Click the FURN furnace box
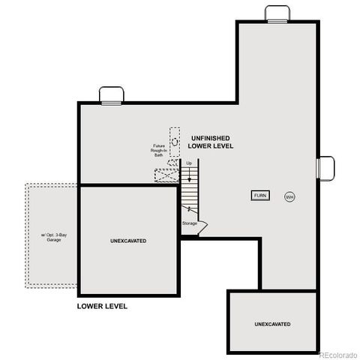coord(260,196)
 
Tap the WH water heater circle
coord(289,196)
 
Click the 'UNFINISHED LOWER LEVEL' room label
coord(211,142)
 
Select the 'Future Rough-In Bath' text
coord(159,150)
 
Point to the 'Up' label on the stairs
coord(189,163)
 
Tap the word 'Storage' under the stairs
coord(190,223)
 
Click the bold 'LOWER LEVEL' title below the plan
coord(103,306)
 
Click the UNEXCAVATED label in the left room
coord(128,241)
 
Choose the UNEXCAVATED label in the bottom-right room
coord(271,324)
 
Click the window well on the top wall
coord(277,13)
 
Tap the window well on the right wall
coord(326,168)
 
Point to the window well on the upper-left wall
coord(112,94)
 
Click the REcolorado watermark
coord(338,354)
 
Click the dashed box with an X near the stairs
coord(165,176)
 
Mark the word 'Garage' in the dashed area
coord(54,241)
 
